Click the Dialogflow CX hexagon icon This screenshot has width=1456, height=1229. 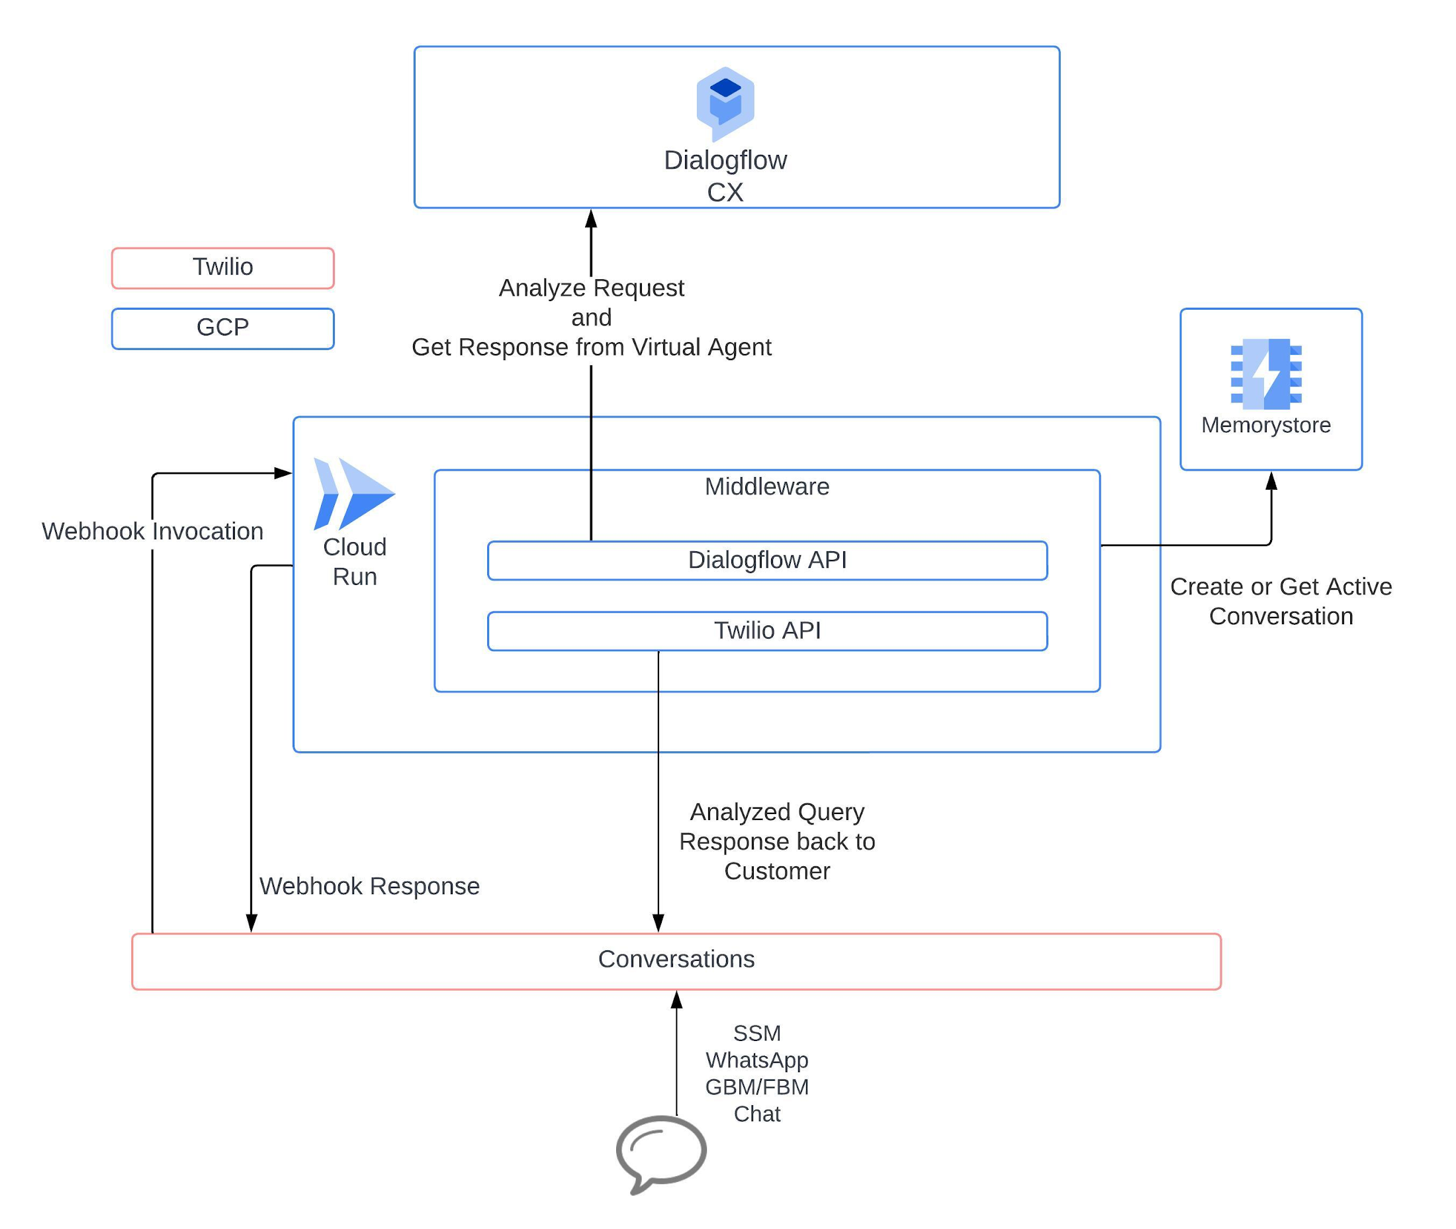pos(725,103)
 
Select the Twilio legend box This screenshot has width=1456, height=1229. pos(222,267)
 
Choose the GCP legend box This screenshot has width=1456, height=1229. pos(222,328)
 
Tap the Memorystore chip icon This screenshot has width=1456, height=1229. pos(1266,373)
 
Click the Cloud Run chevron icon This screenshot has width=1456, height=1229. pos(353,493)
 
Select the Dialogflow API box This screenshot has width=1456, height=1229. pos(766,560)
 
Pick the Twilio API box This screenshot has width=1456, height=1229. pos(766,631)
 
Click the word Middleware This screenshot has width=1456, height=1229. pos(766,486)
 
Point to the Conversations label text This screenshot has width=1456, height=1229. pos(676,960)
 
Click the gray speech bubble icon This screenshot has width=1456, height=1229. pos(660,1150)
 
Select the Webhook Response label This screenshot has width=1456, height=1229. pos(369,886)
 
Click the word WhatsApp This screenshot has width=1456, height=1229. pos(756,1060)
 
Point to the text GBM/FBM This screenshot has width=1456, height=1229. pos(756,1087)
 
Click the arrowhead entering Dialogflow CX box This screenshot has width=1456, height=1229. pos(591,219)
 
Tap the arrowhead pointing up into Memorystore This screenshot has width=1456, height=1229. pos(1271,480)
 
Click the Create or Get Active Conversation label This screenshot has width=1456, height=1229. pos(1281,601)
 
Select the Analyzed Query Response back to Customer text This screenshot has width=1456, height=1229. pos(777,842)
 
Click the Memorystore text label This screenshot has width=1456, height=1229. pos(1266,425)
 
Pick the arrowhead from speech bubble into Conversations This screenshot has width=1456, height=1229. pos(676,1001)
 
